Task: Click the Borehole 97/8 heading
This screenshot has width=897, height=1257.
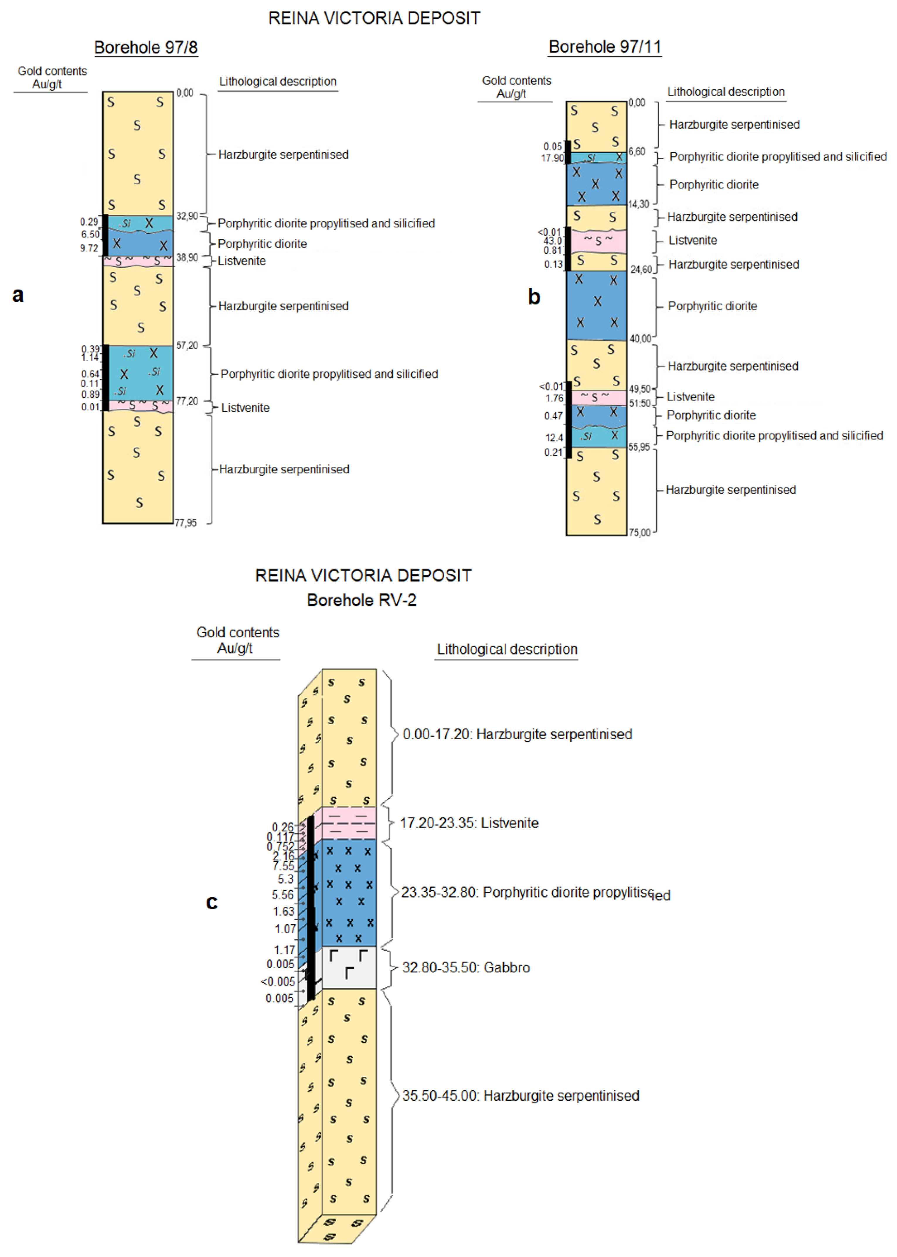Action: point(146,47)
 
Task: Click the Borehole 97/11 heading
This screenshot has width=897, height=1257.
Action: point(605,47)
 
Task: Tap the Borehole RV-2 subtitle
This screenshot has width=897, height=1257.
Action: point(362,600)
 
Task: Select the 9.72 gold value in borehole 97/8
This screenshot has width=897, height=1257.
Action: point(89,248)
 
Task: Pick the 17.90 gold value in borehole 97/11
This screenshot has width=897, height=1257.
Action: point(552,159)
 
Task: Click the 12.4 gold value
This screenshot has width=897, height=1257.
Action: point(554,438)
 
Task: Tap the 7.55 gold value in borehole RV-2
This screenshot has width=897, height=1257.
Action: point(283,866)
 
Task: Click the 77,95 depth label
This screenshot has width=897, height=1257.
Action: point(185,523)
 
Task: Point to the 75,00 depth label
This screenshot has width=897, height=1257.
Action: point(640,533)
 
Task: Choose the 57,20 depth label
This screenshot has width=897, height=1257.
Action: point(187,346)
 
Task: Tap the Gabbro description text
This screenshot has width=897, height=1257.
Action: point(466,967)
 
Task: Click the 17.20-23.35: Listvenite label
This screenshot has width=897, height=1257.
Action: point(469,823)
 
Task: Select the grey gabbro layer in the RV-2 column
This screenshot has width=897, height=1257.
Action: point(349,968)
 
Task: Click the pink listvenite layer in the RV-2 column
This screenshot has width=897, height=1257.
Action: point(349,823)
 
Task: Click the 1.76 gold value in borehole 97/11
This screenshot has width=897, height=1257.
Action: point(554,398)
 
